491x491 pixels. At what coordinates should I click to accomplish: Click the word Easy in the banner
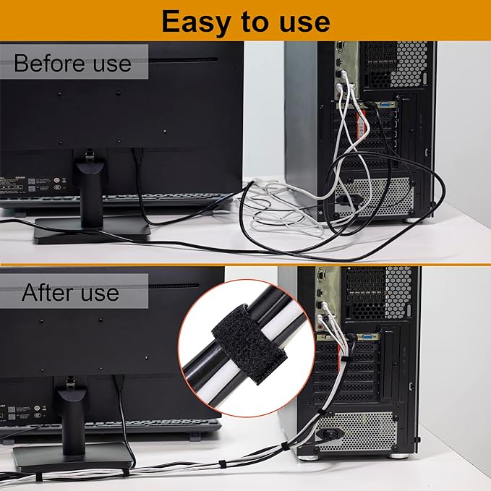(197, 22)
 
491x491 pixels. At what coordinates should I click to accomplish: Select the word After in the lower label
(48, 292)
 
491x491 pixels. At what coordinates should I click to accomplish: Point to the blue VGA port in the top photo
(387, 105)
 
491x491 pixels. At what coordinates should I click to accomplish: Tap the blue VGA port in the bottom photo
(369, 337)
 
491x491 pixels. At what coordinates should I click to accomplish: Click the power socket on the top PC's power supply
(350, 200)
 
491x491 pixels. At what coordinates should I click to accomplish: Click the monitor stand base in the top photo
(92, 229)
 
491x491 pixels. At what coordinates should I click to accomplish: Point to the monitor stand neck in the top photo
(91, 191)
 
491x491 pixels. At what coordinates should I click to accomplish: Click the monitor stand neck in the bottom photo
(73, 419)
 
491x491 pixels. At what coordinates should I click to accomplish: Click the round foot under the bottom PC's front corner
(307, 458)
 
